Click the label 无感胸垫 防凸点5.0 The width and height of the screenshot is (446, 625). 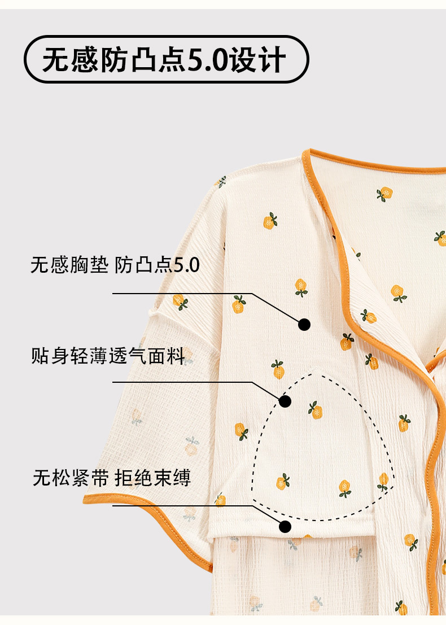pyautogui.click(x=115, y=265)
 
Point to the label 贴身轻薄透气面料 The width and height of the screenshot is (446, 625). pyautogui.click(x=108, y=356)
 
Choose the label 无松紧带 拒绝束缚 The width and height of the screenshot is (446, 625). pyautogui.click(x=112, y=478)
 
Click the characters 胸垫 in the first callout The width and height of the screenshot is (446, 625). pyautogui.click(x=89, y=265)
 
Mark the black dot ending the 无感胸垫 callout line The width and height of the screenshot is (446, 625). pyautogui.click(x=304, y=324)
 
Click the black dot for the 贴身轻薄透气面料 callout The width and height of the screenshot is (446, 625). pyautogui.click(x=285, y=401)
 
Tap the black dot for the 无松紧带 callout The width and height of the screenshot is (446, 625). pyautogui.click(x=285, y=527)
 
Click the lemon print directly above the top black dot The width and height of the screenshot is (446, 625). pyautogui.click(x=301, y=287)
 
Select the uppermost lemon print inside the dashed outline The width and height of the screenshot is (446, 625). pyautogui.click(x=315, y=409)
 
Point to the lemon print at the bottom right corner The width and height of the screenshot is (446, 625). pyautogui.click(x=401, y=607)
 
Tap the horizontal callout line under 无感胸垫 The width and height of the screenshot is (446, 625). pyautogui.click(x=181, y=294)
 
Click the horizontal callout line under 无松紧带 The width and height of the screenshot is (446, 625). pyautogui.click(x=181, y=505)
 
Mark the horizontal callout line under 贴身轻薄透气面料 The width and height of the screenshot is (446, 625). pyautogui.click(x=181, y=382)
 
